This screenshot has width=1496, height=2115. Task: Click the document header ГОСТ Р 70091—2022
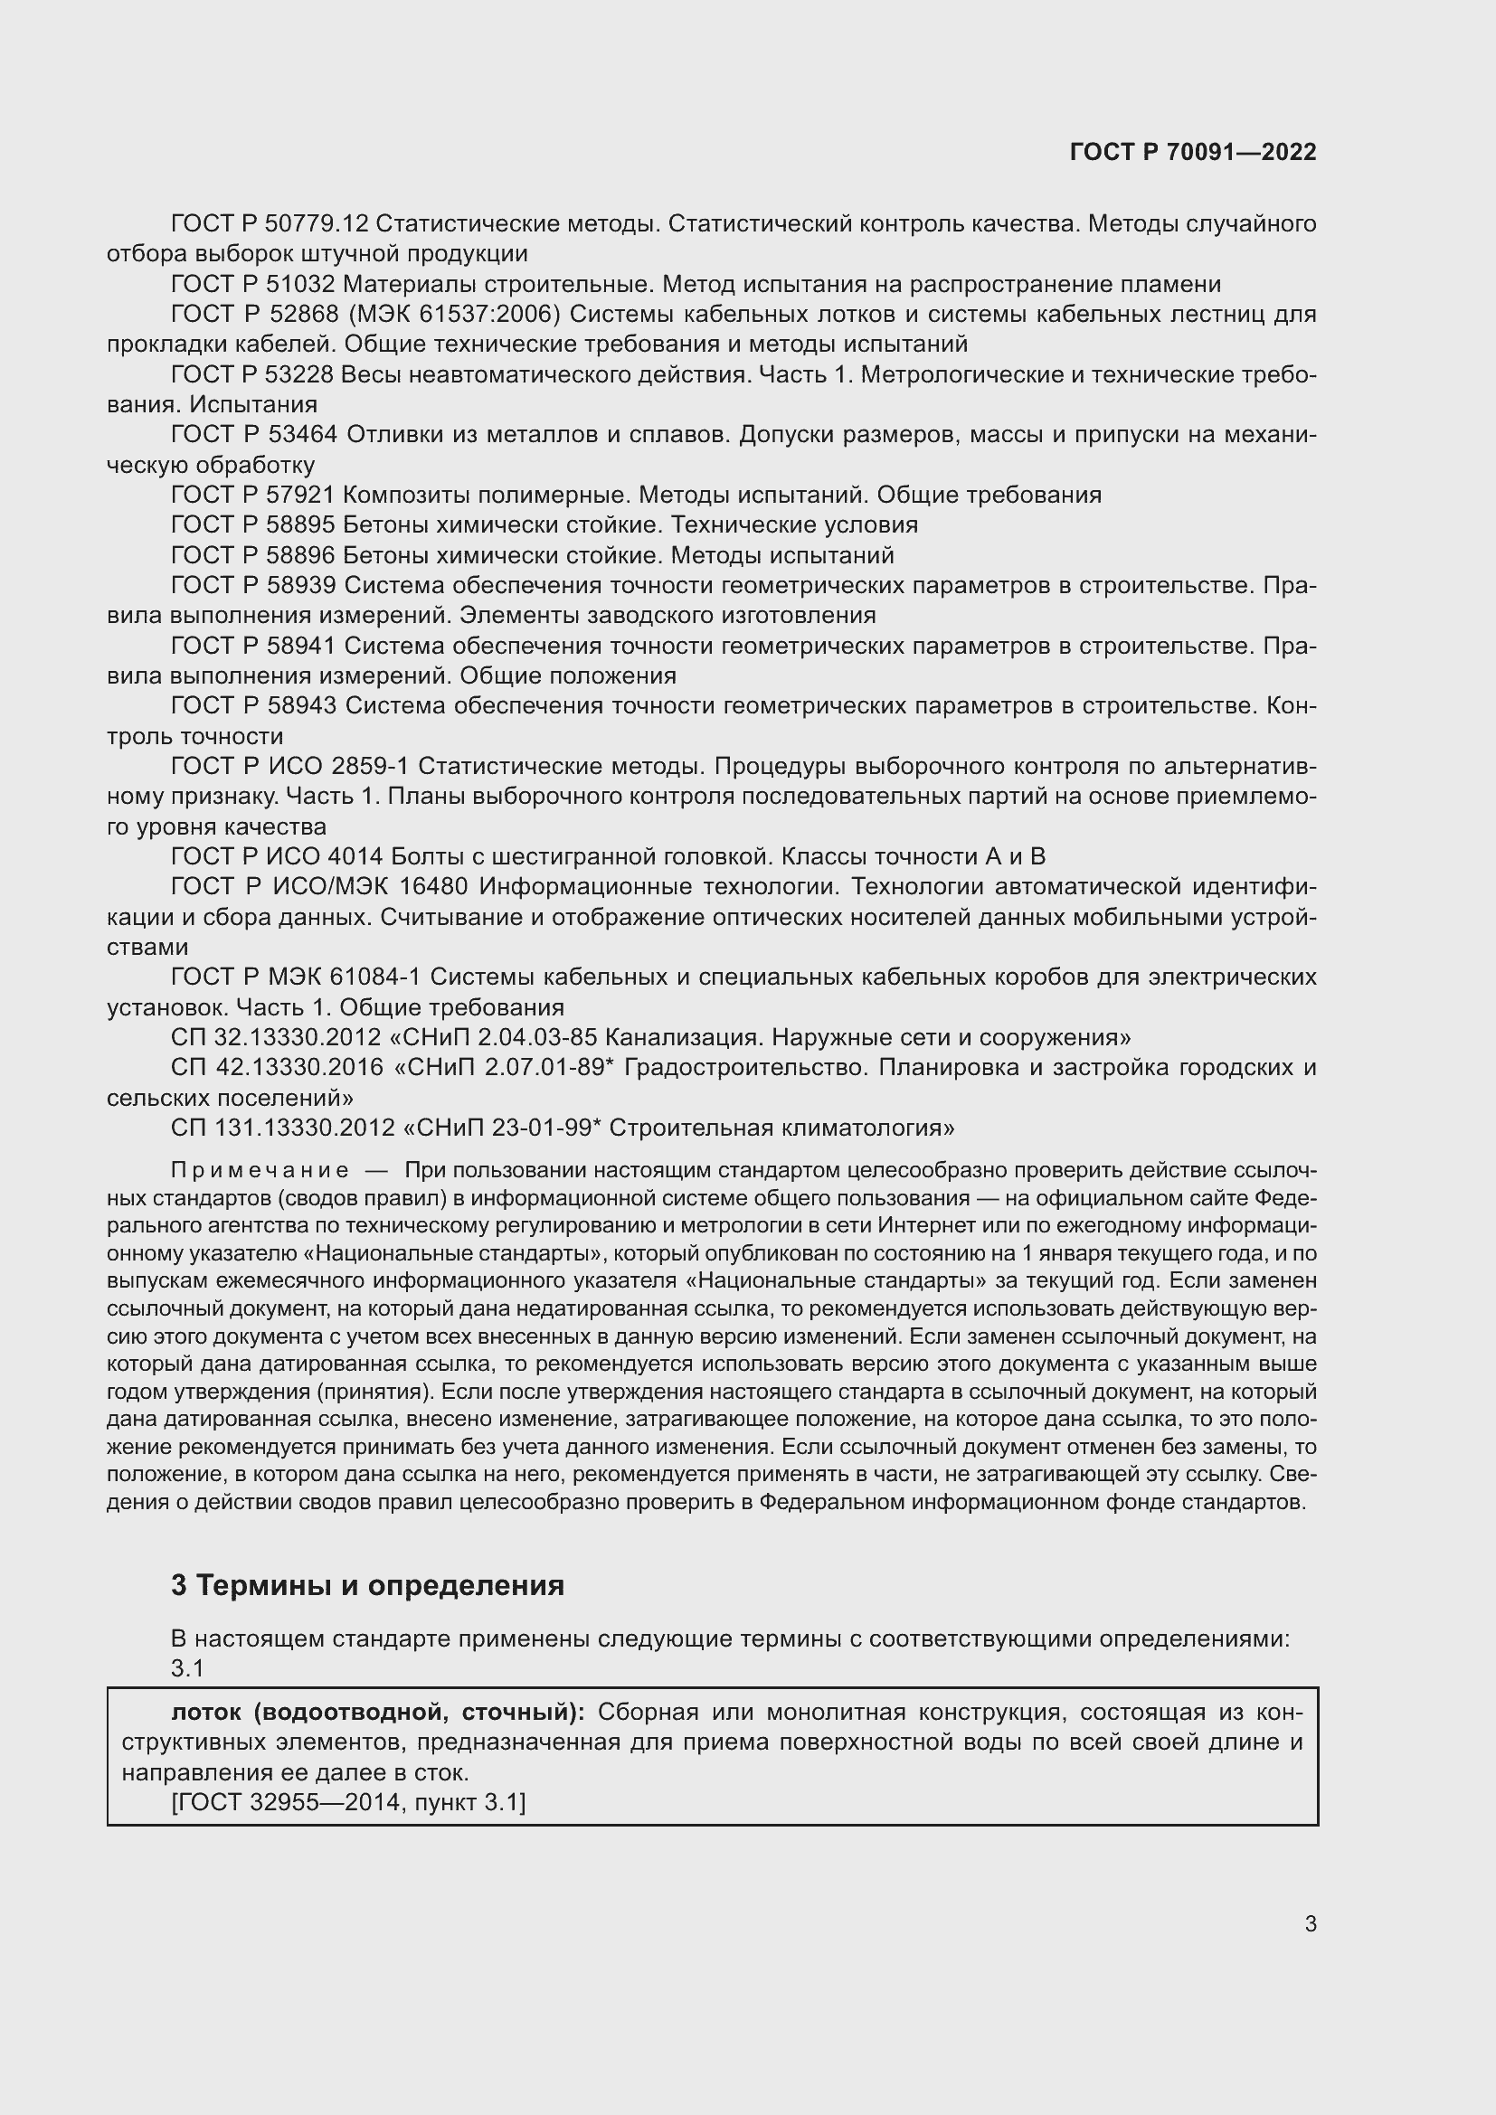pyautogui.click(x=1192, y=152)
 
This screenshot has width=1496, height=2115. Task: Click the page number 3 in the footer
pyautogui.click(x=1310, y=1923)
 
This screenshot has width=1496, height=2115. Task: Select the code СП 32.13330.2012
pyautogui.click(x=276, y=1038)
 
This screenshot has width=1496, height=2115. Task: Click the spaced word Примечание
pyautogui.click(x=260, y=1171)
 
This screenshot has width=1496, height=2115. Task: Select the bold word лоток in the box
pyautogui.click(x=209, y=1713)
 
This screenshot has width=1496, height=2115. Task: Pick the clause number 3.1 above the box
pyautogui.click(x=187, y=1668)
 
